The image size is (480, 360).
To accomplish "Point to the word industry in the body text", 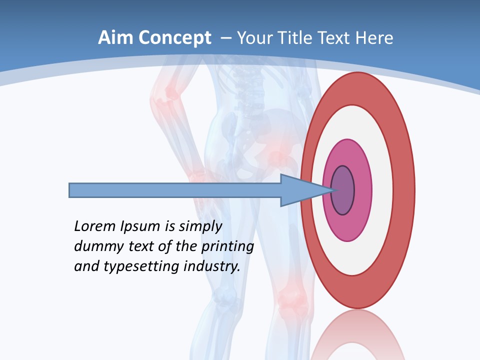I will pos(212,267).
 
